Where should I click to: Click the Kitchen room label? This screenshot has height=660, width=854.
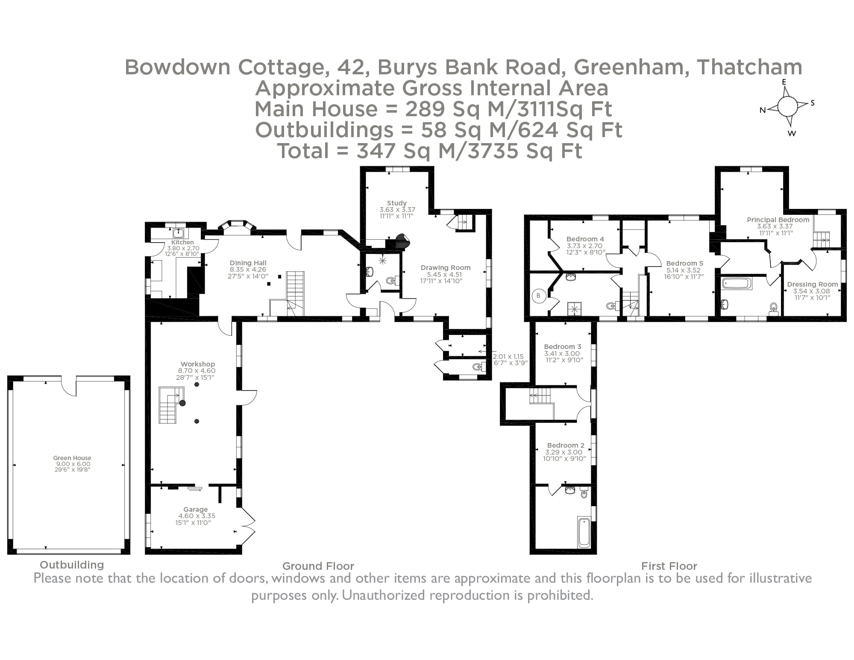[182, 242]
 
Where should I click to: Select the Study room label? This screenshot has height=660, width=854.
[397, 203]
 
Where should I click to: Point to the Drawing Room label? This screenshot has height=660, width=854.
[445, 268]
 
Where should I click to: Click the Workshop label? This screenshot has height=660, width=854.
[197, 364]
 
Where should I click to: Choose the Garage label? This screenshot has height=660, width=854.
[196, 509]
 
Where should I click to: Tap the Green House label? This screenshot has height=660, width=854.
[72, 458]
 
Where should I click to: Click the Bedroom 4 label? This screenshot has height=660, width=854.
[585, 239]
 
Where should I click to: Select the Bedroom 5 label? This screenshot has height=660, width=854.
[684, 263]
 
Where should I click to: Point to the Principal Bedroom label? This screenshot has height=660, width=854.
[778, 220]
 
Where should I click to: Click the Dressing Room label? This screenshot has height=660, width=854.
[812, 284]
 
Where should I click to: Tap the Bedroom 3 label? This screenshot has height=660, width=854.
[562, 346]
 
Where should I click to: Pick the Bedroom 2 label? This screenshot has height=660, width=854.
[566, 445]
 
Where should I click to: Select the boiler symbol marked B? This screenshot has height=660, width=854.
[539, 296]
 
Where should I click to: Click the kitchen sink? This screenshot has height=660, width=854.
[179, 233]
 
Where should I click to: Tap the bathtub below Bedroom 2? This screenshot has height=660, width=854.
[584, 532]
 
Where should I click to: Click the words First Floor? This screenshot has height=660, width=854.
[669, 566]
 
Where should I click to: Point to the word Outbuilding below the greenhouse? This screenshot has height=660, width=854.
[72, 565]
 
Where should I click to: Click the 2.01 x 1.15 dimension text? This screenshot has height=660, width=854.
[508, 356]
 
